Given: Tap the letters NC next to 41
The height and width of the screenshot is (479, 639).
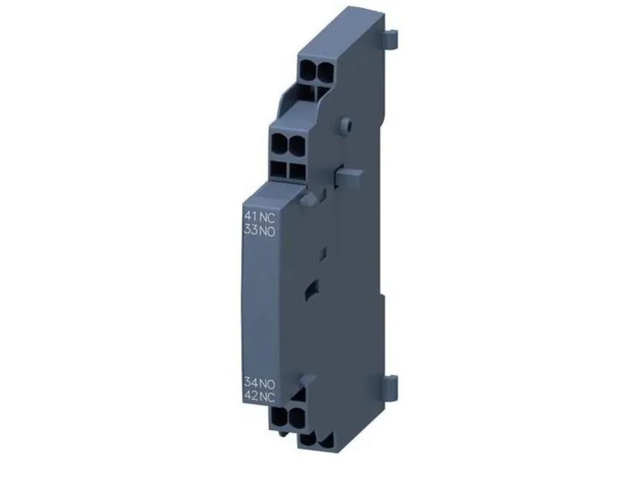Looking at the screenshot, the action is [x=268, y=216].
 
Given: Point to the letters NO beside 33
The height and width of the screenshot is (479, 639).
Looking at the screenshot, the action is [x=268, y=231].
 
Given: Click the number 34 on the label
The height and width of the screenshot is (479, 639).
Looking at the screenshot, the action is [x=251, y=382].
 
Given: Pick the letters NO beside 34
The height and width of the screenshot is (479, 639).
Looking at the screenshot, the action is [x=268, y=383].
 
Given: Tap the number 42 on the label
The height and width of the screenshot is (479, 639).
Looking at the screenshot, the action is [x=251, y=395].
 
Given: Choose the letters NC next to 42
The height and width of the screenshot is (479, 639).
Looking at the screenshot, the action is [x=268, y=396].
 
